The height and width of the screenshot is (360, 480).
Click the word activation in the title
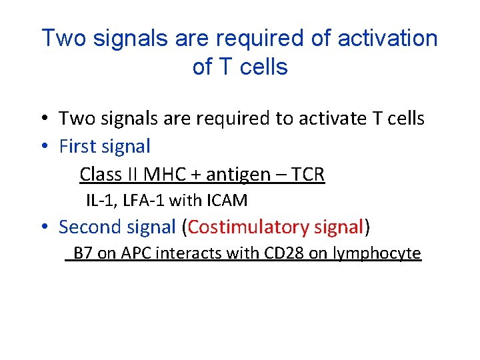pyautogui.click(x=388, y=39)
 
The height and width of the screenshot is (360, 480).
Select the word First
pyautogui.click(x=79, y=146)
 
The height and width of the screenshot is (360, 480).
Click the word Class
pyautogui.click(x=98, y=175)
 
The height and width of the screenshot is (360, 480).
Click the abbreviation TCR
pyautogui.click(x=307, y=175)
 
